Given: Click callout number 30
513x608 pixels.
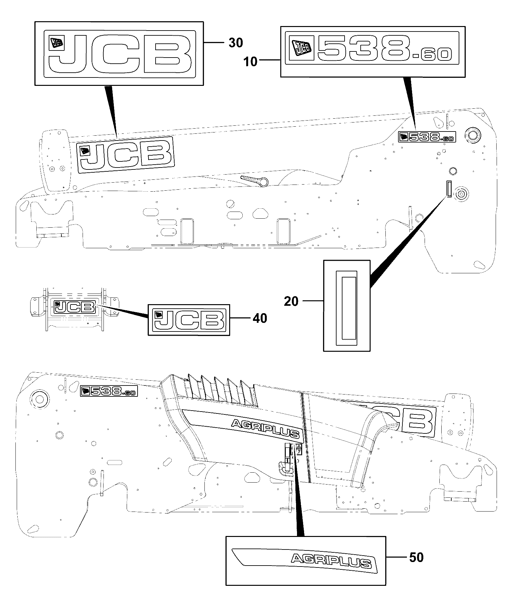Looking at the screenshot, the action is [x=236, y=43].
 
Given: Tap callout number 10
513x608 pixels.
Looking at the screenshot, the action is [x=251, y=61].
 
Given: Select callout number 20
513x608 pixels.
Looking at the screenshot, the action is [x=291, y=302].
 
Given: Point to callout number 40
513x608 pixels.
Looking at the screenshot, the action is [x=260, y=318].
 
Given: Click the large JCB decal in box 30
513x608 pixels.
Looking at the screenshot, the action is [x=119, y=54].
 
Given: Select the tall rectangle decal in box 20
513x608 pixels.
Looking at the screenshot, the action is [x=346, y=305].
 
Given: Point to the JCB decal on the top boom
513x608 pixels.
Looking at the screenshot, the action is [x=125, y=155].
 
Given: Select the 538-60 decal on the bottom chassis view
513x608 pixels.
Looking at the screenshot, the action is [x=109, y=391].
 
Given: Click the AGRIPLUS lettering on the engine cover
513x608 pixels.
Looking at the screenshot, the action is [x=265, y=428].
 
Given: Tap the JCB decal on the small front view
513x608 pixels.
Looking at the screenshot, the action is [x=75, y=306].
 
